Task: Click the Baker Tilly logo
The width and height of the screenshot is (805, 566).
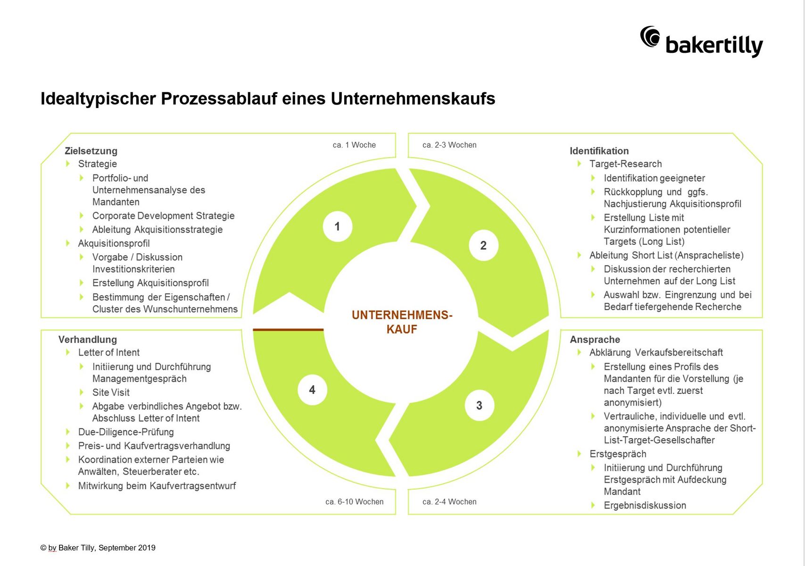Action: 701,42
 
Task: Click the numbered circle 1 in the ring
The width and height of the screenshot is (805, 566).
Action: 338,227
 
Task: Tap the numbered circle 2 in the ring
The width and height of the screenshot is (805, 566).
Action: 483,245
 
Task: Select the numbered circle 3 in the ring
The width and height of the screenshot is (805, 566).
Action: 479,406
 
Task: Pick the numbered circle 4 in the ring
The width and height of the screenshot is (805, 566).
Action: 312,390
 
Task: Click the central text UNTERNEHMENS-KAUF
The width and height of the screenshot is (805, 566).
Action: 402,322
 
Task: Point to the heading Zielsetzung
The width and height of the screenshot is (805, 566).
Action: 91,151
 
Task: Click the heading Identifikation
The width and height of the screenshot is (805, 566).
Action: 599,151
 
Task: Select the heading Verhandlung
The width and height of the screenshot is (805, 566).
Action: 88,340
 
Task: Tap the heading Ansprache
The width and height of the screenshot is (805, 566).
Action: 595,340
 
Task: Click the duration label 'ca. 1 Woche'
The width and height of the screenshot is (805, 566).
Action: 354,145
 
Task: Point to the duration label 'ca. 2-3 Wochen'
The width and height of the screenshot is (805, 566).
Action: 449,145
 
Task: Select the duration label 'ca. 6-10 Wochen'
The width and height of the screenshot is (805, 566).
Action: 354,502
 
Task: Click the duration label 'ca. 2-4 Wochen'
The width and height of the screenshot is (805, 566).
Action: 449,502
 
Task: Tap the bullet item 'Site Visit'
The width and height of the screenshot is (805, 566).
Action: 111,392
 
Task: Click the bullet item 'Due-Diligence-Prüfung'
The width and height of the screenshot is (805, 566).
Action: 126,432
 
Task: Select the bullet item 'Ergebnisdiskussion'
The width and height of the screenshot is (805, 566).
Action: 645,505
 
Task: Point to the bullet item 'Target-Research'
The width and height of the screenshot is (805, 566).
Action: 625,164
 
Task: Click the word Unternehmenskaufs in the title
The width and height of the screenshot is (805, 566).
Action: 413,99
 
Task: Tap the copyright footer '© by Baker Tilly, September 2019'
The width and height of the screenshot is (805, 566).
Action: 98,548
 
